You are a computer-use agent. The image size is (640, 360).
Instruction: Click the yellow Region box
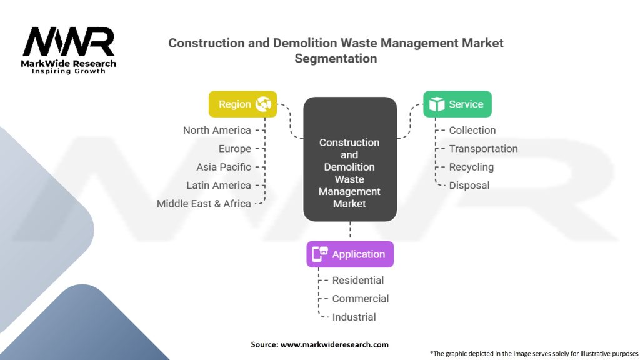pyautogui.click(x=242, y=104)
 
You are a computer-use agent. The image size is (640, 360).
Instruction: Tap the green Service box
pyautogui.click(x=457, y=104)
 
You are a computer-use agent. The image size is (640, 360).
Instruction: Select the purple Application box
pyautogui.click(x=350, y=254)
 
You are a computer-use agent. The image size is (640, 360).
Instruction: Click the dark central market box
pyautogui.click(x=350, y=159)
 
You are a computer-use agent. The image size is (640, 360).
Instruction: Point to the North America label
pyautogui.click(x=217, y=130)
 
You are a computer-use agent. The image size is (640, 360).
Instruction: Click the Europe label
pyautogui.click(x=234, y=149)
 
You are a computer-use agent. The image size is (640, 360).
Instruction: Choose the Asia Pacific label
pyautogui.click(x=224, y=167)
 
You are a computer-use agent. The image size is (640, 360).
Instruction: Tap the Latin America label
pyautogui.click(x=219, y=185)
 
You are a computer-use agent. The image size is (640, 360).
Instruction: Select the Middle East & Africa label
pyautogui.click(x=204, y=204)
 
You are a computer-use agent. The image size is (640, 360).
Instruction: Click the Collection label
pyautogui.click(x=472, y=130)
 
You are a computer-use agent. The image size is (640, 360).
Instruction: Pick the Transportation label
pyautogui.click(x=483, y=149)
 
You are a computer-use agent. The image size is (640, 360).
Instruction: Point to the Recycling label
pyautogui.click(x=471, y=167)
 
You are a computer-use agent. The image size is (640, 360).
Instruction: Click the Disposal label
pyautogui.click(x=469, y=185)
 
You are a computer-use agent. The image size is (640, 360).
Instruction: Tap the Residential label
pyautogui.click(x=358, y=281)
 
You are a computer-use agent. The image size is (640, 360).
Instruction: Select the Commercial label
pyautogui.click(x=361, y=299)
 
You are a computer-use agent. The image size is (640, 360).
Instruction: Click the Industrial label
pyautogui.click(x=354, y=317)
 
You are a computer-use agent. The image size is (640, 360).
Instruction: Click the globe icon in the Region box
pyautogui.click(x=263, y=104)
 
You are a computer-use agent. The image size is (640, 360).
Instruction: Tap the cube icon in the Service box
pyautogui.click(x=436, y=104)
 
